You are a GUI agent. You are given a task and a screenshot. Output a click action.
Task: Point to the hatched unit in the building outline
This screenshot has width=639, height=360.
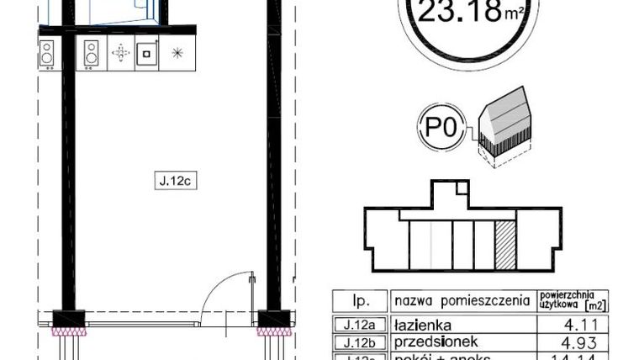505,245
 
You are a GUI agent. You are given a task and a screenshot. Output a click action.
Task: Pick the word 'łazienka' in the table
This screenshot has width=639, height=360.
424,324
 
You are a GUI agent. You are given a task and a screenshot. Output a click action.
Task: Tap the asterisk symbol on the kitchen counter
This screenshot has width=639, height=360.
177,54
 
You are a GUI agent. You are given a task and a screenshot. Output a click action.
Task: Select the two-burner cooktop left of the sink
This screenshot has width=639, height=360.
91,54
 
